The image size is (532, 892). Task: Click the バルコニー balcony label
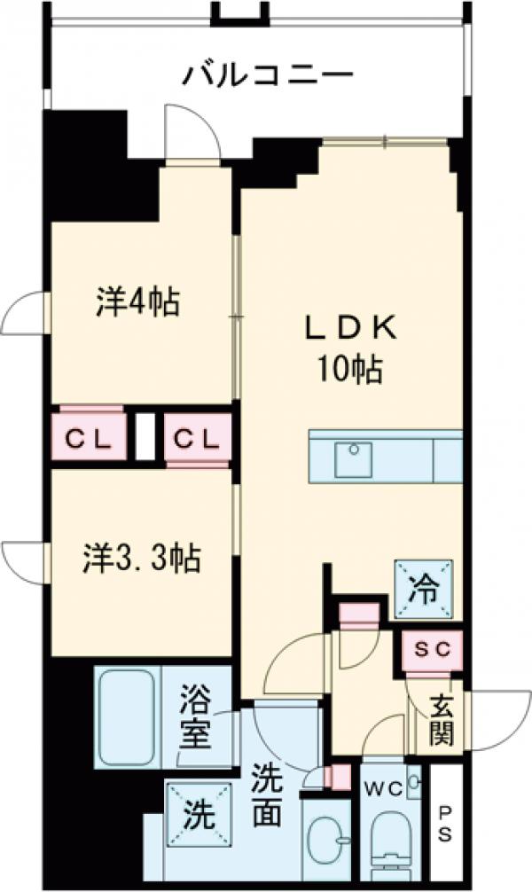[267, 74]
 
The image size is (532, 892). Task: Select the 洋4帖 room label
[137, 302]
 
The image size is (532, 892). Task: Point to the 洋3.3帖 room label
[141, 558]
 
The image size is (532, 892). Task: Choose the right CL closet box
[197, 438]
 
